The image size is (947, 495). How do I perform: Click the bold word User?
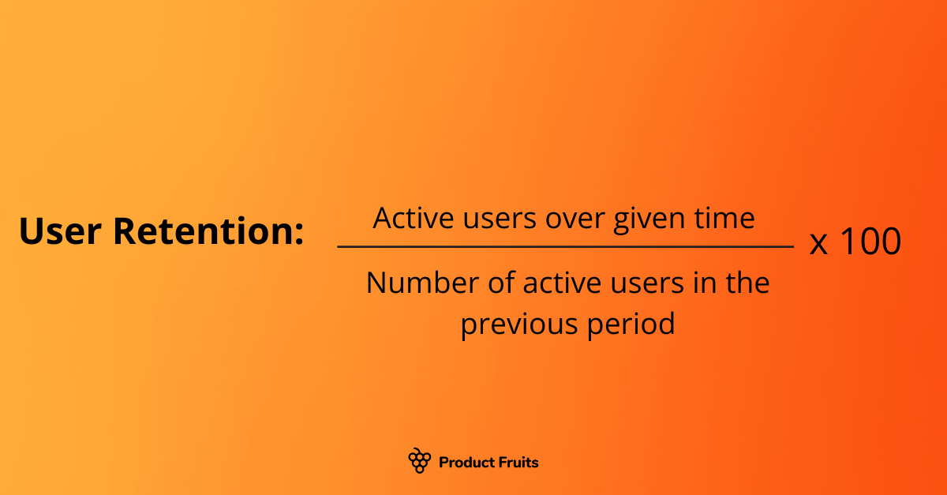point(60,231)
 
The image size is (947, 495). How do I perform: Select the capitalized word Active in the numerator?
point(408,218)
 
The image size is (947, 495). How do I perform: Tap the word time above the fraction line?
point(726,218)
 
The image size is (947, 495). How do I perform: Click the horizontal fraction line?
point(565,247)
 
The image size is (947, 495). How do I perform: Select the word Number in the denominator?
point(415,283)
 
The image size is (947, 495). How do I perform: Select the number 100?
point(869,242)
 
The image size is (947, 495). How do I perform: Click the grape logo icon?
point(419,460)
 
